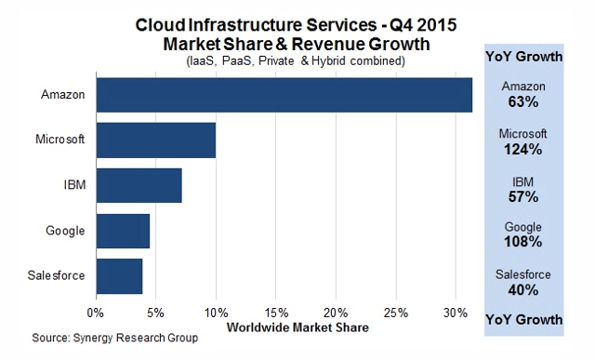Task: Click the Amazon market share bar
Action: [284, 95]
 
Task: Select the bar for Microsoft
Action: [155, 140]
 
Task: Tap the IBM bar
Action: [139, 185]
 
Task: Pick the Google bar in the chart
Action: [123, 231]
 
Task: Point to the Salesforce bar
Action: [119, 276]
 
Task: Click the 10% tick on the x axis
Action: [216, 311]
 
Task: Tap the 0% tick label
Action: [96, 311]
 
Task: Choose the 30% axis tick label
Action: [456, 311]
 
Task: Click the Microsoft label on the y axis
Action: [61, 140]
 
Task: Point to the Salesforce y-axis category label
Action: [60, 276]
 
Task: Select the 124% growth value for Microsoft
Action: [523, 149]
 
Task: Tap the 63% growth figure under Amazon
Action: [523, 101]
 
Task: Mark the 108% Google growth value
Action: [523, 243]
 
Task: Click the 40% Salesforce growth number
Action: [523, 290]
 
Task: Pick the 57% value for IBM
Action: [523, 196]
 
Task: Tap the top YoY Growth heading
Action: [523, 57]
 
